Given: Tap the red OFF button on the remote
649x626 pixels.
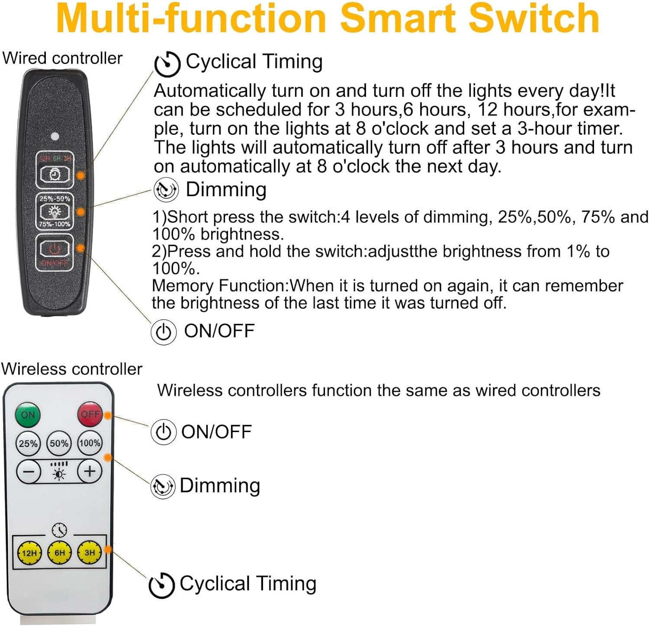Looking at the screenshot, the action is point(90,414).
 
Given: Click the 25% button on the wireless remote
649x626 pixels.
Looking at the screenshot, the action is point(28,443).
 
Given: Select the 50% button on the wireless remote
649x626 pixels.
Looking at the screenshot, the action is point(59,443).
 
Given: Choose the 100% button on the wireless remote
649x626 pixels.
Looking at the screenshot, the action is point(90,443).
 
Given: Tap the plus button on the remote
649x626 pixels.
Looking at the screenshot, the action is point(90,471).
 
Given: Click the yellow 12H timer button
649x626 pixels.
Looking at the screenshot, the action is point(29,553).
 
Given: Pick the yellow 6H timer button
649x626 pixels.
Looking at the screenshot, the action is point(60,553).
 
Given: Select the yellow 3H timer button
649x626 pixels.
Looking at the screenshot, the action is point(90,553).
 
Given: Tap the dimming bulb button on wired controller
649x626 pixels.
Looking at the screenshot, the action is point(55,211).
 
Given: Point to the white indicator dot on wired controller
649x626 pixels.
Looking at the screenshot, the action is point(55,137).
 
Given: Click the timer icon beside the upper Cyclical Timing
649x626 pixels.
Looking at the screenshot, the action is point(167,64).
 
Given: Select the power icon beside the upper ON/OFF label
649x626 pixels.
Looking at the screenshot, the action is point(164,332).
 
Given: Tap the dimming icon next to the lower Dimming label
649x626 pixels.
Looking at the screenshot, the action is point(162,486).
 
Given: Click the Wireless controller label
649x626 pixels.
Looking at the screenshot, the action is point(72,369).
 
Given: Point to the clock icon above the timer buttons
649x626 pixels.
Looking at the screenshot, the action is point(59,530).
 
